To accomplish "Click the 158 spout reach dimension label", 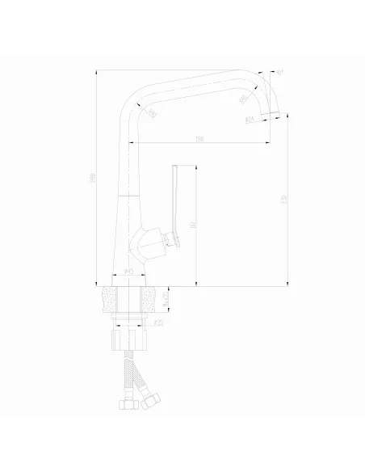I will pos(199,140).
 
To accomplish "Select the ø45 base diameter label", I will pos(130,273).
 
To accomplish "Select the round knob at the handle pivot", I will pos(170,237).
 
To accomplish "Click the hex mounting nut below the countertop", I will pos(129,333).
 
